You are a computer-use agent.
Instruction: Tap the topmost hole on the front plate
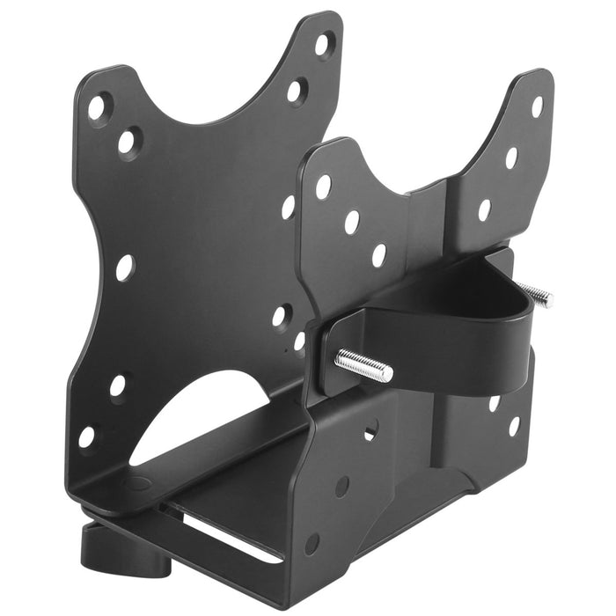click(324, 41)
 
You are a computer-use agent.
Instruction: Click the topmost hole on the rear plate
click(536, 106)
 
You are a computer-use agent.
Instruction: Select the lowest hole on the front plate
click(86, 436)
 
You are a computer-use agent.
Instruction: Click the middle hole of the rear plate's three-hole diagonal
click(352, 222)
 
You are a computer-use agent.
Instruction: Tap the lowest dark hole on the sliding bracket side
click(312, 544)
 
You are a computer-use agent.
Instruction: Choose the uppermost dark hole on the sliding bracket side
click(370, 430)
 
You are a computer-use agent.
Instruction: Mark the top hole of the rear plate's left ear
click(324, 186)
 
